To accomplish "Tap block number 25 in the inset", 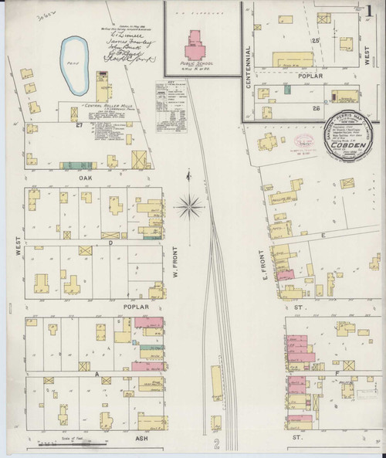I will pyautogui.click(x=315, y=39).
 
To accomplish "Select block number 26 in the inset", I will pyautogui.click(x=316, y=109).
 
